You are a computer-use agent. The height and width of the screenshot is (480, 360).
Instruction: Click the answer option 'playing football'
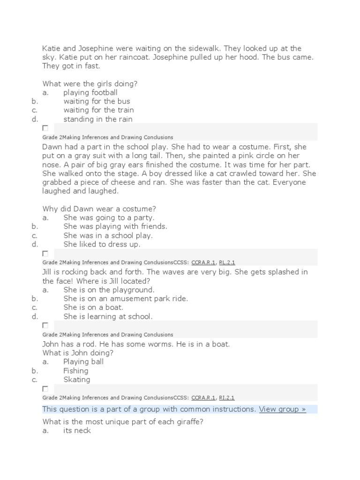click(90, 92)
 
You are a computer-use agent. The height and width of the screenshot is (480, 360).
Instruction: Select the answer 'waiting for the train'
click(98, 110)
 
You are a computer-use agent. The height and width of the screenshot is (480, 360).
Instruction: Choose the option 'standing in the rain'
click(97, 119)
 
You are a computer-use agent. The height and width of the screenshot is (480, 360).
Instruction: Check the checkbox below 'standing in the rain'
click(45, 128)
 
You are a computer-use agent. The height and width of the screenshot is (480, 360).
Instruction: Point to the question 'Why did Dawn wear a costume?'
click(99, 209)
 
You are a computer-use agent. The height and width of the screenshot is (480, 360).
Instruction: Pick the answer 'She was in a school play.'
click(108, 235)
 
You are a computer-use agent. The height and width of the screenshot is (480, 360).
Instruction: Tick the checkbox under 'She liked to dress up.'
click(45, 254)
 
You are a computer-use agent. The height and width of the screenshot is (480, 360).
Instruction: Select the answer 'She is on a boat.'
click(93, 307)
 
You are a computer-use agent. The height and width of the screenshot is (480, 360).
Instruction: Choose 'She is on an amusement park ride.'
click(125, 299)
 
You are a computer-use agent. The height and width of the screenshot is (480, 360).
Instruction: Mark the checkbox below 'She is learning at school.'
click(45, 325)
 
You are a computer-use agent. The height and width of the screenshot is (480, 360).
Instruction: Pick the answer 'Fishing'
click(76, 370)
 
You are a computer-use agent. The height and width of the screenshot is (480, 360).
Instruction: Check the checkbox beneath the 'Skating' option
click(45, 389)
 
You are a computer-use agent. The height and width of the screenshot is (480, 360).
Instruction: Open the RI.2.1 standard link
click(226, 397)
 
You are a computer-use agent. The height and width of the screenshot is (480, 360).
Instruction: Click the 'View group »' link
click(282, 409)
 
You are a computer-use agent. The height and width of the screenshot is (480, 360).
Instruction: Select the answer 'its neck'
click(77, 430)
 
